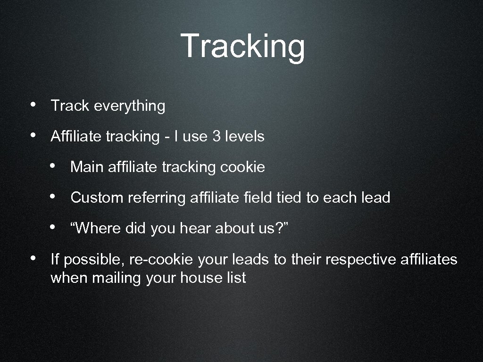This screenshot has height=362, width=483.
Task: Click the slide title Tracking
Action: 242,46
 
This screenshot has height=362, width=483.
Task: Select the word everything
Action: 130,106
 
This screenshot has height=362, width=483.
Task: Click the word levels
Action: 245,137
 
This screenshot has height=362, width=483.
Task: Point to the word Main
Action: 87,167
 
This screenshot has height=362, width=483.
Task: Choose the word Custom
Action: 97,197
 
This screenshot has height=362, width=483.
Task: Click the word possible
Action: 91,260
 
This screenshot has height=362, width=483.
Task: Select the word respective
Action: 353,260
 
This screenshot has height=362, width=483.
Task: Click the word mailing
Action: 117,278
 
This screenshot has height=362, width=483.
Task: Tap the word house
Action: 198,278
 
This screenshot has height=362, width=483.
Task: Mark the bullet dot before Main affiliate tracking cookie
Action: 55,165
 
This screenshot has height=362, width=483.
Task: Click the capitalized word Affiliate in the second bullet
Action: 76,137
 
